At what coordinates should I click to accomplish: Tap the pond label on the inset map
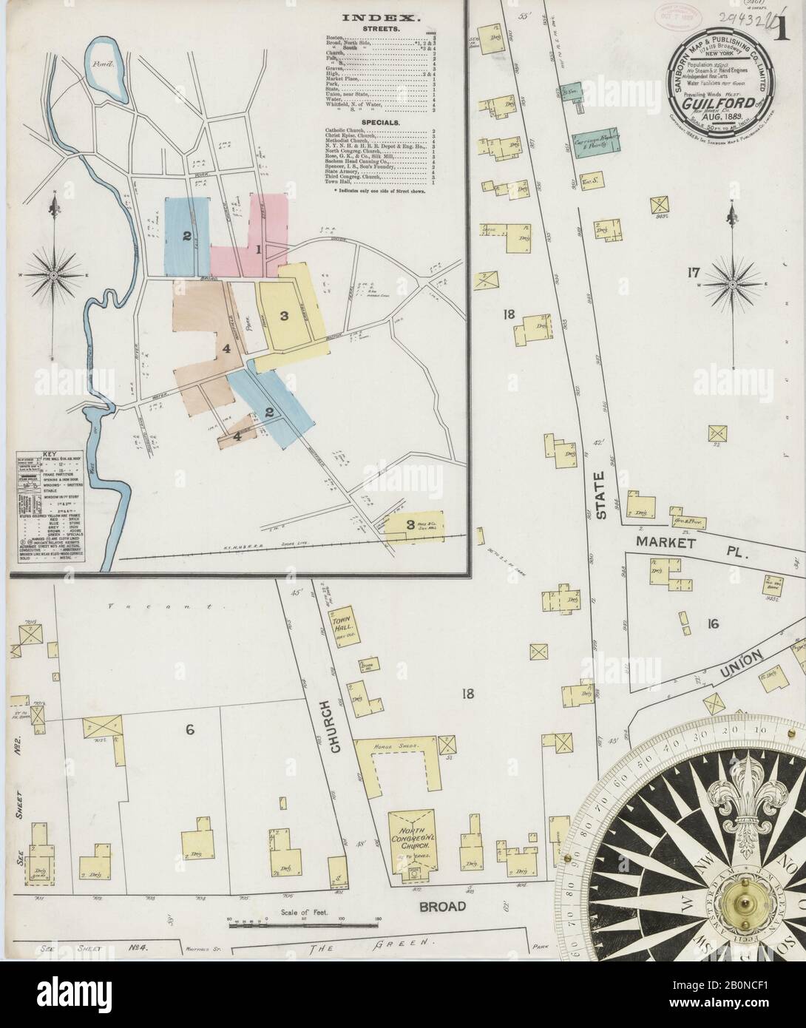pos(101,64)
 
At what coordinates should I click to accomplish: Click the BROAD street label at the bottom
pos(443,906)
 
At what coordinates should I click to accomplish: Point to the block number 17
pos(692,274)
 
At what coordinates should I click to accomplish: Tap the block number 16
pos(712,623)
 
